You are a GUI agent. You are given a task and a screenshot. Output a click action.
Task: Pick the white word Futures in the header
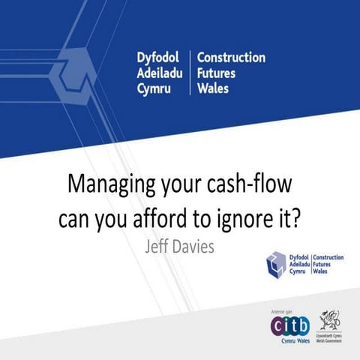(x=217, y=74)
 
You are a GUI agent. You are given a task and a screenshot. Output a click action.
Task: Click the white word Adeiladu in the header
(x=163, y=74)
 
